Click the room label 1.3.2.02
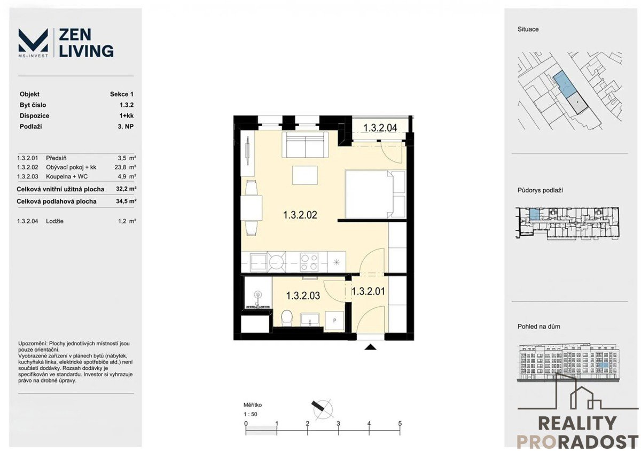(300, 215)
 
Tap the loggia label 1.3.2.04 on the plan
(380, 128)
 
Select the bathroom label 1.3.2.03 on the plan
(303, 296)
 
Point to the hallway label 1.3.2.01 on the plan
(368, 291)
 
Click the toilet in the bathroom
(287, 318)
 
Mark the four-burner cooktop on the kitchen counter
(309, 262)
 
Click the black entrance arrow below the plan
(371, 347)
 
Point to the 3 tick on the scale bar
(338, 426)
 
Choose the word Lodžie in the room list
(54, 221)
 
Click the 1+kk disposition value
(127, 115)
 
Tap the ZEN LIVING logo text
(86, 43)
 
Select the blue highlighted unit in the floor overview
(534, 214)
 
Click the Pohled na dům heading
(539, 326)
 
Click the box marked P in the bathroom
(334, 321)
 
